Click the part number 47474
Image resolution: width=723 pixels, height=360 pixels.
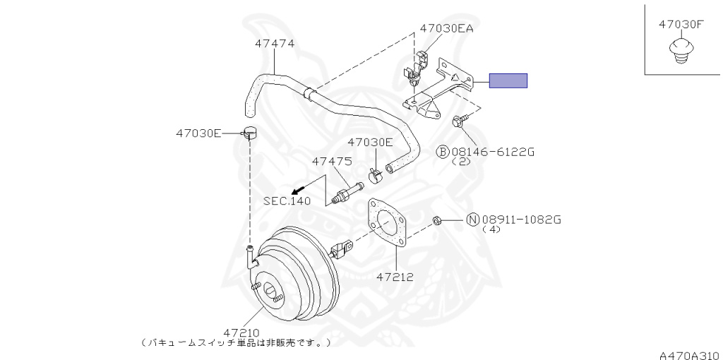coord(275,43)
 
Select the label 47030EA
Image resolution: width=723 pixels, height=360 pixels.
coord(446,29)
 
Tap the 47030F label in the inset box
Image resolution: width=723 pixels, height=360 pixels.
coord(681,24)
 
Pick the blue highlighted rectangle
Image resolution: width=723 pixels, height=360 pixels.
coord(509,80)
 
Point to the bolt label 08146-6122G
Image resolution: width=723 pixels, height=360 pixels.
coord(493,151)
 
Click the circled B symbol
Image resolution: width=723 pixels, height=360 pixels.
coord(443,151)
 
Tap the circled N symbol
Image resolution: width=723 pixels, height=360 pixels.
coord(472,220)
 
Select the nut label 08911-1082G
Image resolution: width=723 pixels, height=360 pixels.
coord(521,220)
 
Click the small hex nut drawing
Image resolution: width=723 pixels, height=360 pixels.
coord(436,221)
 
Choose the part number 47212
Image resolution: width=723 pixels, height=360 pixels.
coord(395,277)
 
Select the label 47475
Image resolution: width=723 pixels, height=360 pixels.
coord(332,161)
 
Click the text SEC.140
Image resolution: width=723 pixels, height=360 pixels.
coord(287,200)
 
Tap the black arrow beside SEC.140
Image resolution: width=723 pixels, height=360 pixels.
coord(299,188)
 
